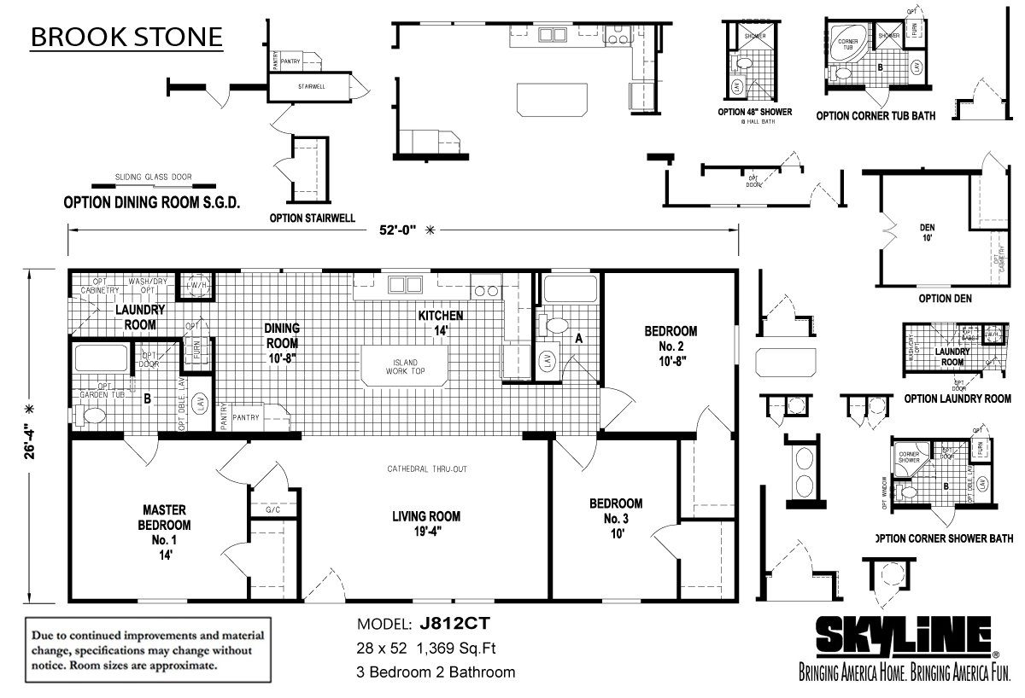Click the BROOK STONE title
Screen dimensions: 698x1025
pyautogui.click(x=127, y=38)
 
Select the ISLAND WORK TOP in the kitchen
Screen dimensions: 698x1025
pyautogui.click(x=404, y=366)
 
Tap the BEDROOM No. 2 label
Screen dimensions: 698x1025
pyautogui.click(x=671, y=346)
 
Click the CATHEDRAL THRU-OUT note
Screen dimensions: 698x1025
pyautogui.click(x=426, y=469)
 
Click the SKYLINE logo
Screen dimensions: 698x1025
pyautogui.click(x=905, y=637)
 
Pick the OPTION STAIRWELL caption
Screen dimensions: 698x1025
pyautogui.click(x=312, y=218)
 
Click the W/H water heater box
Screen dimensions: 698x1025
pyautogui.click(x=195, y=285)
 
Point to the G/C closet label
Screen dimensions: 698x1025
pyautogui.click(x=273, y=509)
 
